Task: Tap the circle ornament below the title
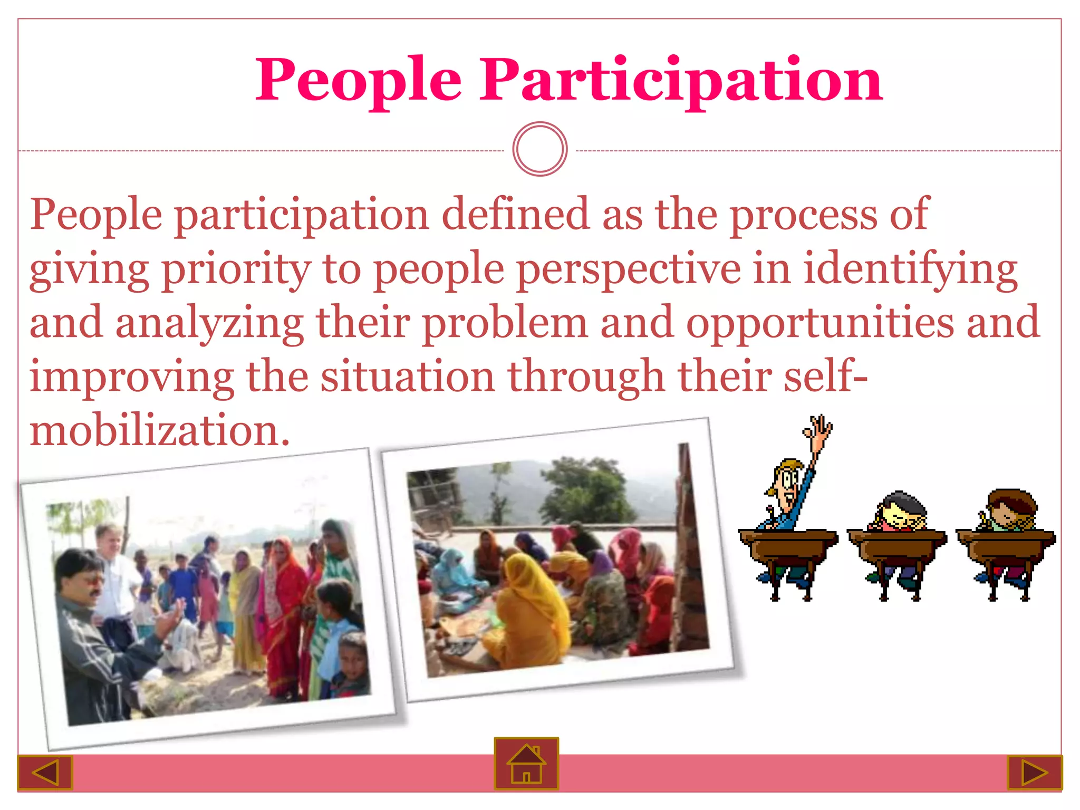539,149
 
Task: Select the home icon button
526,763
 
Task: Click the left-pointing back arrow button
45,773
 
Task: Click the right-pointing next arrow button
1034,773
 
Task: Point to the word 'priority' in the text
236,270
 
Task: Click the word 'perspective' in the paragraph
628,270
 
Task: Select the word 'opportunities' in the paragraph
819,323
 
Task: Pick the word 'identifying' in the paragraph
910,270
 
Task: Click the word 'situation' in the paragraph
408,377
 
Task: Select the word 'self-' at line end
825,377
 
